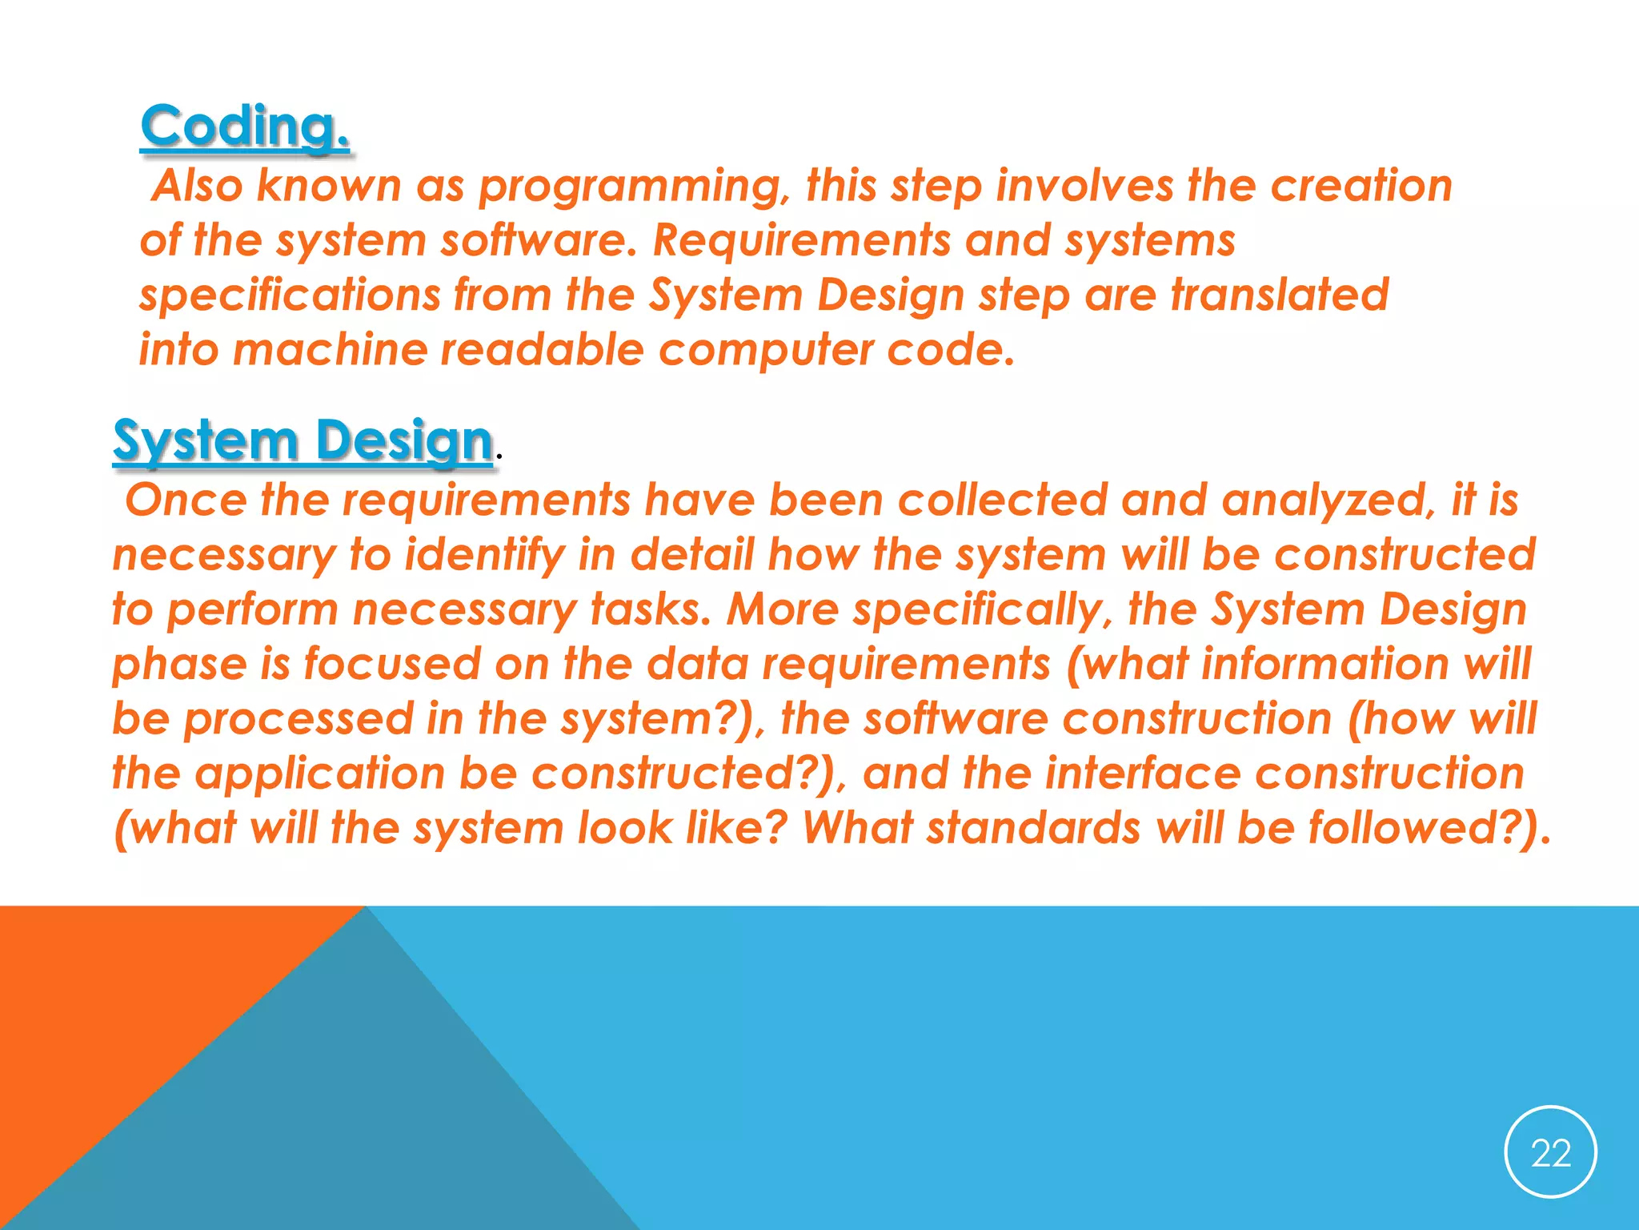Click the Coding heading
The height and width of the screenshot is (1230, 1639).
click(x=244, y=127)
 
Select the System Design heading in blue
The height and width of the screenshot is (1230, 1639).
click(x=303, y=440)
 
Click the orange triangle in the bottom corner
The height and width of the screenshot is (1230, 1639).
click(x=120, y=1009)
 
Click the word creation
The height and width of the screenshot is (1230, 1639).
click(x=1360, y=186)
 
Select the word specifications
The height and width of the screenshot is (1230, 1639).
click(x=290, y=296)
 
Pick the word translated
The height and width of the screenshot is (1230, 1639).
click(x=1280, y=295)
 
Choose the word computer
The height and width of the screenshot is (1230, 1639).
click(x=766, y=352)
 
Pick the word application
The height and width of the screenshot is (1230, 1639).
click(x=319, y=775)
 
